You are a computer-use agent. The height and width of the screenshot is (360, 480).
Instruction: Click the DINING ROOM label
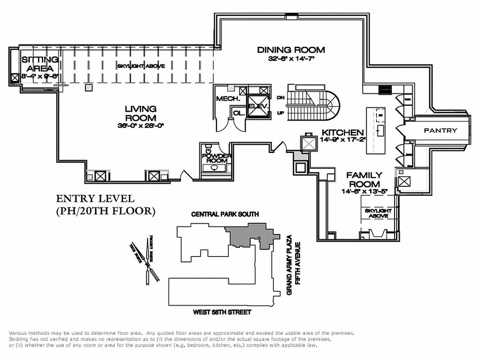[x=291, y=50]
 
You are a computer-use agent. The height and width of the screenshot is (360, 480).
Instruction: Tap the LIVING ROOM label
[x=141, y=113]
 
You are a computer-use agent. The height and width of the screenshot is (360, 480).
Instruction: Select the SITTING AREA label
[x=40, y=64]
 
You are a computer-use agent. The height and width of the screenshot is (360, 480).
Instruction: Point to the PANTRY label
[x=440, y=130]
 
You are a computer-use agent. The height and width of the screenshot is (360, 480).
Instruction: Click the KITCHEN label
[x=342, y=133]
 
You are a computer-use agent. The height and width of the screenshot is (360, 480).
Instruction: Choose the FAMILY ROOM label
[x=364, y=180]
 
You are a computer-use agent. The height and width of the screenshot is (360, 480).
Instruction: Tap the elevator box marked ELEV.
[x=258, y=107]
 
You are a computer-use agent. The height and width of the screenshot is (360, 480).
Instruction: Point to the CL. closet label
[x=238, y=113]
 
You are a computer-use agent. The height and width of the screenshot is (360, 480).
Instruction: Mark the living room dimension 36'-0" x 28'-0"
[x=141, y=126]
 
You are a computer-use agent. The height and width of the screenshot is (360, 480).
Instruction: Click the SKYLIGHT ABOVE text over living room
[x=141, y=66]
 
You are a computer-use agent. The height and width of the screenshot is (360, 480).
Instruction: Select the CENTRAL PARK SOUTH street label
[x=225, y=214]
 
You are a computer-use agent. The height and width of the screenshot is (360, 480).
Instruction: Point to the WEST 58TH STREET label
[x=222, y=312]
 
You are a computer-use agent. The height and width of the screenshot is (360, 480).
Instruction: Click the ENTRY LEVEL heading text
[x=94, y=199]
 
